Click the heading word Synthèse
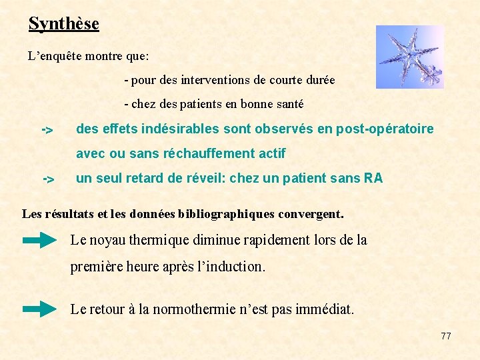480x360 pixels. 63,24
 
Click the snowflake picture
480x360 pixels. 409,57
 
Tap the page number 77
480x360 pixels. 446,336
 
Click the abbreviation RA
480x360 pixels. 373,178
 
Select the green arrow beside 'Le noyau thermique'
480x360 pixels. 39,241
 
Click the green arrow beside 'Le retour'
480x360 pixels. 39,309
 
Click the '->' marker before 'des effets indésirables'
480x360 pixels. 48,129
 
